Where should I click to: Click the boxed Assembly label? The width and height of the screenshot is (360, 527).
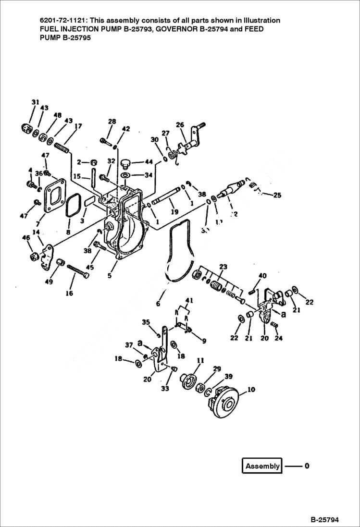click(262, 466)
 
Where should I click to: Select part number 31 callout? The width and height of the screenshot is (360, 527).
click(35, 102)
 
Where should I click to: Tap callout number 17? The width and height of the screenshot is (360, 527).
click(78, 126)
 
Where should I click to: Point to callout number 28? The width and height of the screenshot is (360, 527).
click(112, 122)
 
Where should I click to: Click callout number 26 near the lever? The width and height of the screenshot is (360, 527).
click(180, 125)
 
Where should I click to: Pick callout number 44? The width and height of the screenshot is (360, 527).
click(149, 162)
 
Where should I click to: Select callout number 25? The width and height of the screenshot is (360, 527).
click(277, 195)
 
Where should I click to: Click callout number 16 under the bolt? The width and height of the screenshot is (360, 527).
click(69, 293)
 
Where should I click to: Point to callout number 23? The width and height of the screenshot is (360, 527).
click(223, 267)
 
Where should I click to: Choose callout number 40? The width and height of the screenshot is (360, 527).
click(262, 276)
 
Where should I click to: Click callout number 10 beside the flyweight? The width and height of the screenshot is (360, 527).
click(251, 390)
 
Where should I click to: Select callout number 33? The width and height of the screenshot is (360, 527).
click(165, 389)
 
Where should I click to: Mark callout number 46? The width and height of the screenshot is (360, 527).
click(26, 238)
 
